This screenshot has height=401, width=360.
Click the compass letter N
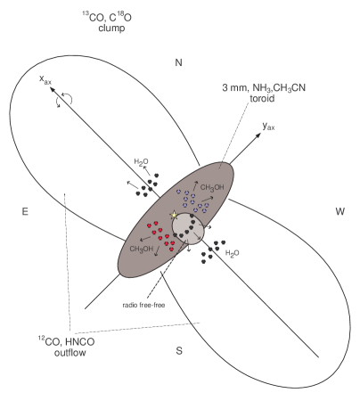click(x=178, y=62)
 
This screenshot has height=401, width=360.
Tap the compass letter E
click(x=25, y=211)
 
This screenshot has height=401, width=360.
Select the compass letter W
click(x=340, y=211)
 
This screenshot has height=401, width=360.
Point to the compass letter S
click(x=179, y=349)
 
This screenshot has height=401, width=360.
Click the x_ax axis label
click(x=45, y=80)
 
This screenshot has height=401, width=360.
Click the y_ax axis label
click(x=268, y=127)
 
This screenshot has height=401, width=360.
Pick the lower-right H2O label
click(x=231, y=253)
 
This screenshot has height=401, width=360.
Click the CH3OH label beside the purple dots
click(x=212, y=187)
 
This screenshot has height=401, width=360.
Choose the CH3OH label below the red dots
click(x=143, y=249)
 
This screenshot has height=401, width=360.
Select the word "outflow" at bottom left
click(x=65, y=353)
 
